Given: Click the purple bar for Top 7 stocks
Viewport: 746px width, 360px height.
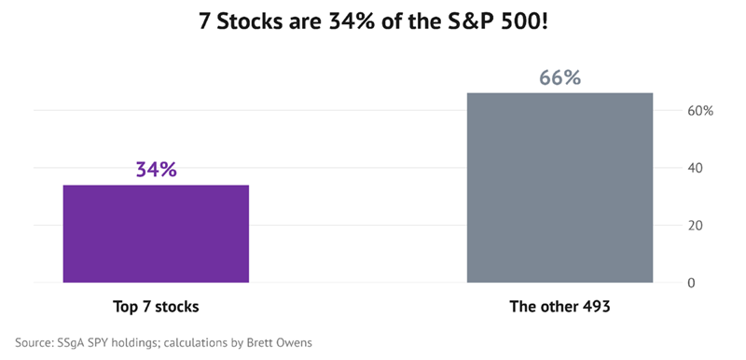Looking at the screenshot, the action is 156,233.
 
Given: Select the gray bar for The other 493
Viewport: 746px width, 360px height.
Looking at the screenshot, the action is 560,187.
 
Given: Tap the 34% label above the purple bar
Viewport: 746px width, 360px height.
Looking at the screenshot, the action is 157,170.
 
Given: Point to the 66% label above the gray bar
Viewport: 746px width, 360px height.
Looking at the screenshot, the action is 560,78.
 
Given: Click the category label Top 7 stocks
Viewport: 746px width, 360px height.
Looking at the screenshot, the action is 156,307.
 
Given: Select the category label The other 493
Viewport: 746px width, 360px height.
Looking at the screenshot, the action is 560,307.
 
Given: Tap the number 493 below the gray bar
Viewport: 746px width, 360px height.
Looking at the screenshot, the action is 597,307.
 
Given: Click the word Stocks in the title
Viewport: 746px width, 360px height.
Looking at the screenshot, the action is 250,22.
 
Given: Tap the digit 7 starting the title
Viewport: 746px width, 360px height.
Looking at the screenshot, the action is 204,22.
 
